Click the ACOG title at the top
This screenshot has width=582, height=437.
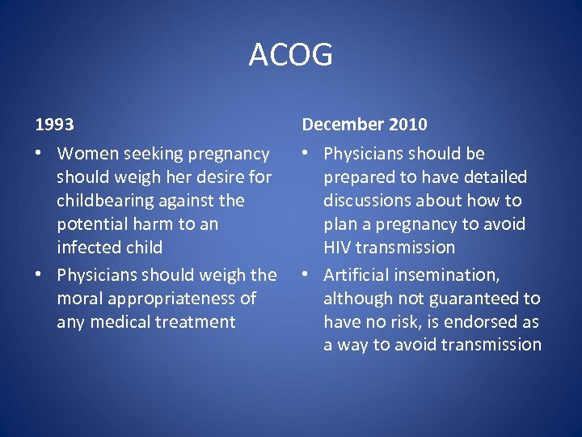coord(290,55)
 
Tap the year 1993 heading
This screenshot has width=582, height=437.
coord(54,125)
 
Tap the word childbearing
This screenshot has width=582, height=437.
coord(108,201)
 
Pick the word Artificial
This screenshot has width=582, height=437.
coord(358,275)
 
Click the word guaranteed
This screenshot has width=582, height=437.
coord(472,299)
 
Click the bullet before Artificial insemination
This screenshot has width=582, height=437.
coord(306,276)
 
